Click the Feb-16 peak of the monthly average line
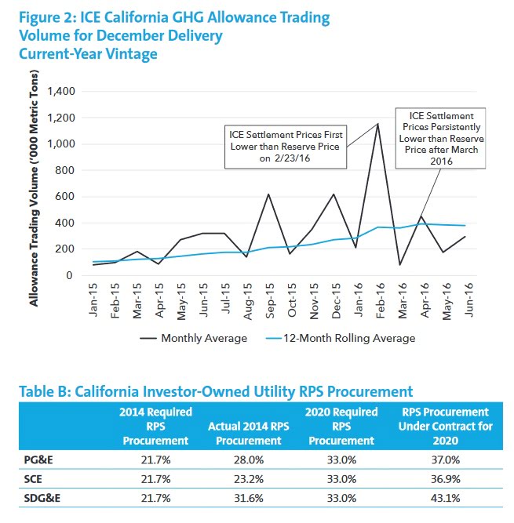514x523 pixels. point(377,124)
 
